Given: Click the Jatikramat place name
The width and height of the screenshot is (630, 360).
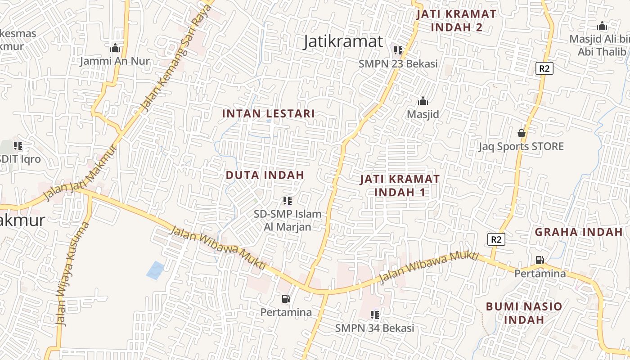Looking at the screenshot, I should pyautogui.click(x=343, y=41).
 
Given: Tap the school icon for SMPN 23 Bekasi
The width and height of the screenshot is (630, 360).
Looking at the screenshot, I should pyautogui.click(x=398, y=50).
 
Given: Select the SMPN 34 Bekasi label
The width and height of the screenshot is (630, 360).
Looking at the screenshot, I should pyautogui.click(x=374, y=328).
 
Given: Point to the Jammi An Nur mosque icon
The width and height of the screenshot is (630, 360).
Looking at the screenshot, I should pyautogui.click(x=115, y=48).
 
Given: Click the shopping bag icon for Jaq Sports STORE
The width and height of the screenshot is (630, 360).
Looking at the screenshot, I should pyautogui.click(x=521, y=133).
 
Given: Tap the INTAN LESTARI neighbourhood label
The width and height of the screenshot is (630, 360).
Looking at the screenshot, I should pyautogui.click(x=268, y=113).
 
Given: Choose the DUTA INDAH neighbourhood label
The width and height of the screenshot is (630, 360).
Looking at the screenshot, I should pyautogui.click(x=265, y=175).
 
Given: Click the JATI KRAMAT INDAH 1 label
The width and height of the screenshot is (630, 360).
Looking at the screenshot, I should pyautogui.click(x=400, y=185).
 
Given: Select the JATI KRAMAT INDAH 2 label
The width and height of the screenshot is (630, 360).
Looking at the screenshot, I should pyautogui.click(x=456, y=21).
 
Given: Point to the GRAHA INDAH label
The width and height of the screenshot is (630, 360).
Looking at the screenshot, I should pyautogui.click(x=578, y=232).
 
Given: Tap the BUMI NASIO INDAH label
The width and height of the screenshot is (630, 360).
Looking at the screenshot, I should pyautogui.click(x=524, y=313).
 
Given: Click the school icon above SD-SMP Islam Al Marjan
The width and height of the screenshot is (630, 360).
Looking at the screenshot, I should pyautogui.click(x=287, y=201).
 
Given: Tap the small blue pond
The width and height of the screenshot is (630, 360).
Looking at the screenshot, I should pyautogui.click(x=156, y=270).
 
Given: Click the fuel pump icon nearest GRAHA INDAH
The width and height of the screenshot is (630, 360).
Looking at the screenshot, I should pyautogui.click(x=540, y=260).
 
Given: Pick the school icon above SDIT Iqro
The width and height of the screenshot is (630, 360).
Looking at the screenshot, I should pyautogui.click(x=18, y=146).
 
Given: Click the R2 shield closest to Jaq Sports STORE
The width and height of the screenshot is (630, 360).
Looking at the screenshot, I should pyautogui.click(x=544, y=68).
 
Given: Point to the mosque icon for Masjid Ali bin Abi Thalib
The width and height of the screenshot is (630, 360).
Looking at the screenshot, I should pyautogui.click(x=602, y=26).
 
